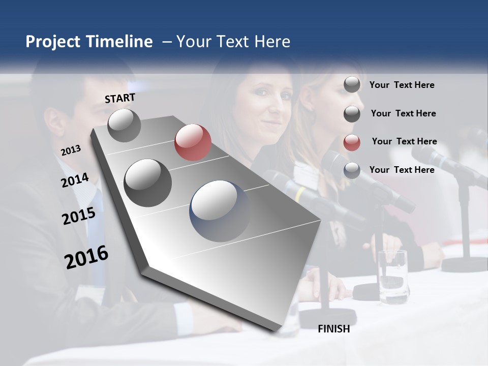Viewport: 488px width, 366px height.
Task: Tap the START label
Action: point(120,98)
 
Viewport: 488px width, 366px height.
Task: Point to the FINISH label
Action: point(334,329)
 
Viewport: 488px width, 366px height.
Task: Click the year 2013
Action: point(71,150)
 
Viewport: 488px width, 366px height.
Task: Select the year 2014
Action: point(75,180)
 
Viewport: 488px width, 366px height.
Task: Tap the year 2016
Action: point(86,258)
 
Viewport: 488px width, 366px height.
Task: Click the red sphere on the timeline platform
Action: point(193,142)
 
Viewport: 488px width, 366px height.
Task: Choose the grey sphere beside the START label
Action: point(124,126)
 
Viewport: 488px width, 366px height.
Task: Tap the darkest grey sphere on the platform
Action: point(148,183)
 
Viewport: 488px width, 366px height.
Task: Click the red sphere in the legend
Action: point(352,142)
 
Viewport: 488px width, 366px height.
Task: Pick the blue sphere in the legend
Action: point(352,170)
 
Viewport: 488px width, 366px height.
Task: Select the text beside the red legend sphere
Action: point(404,141)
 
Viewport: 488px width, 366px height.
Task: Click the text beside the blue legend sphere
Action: point(402,170)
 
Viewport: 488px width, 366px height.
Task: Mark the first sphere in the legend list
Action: point(352,84)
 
